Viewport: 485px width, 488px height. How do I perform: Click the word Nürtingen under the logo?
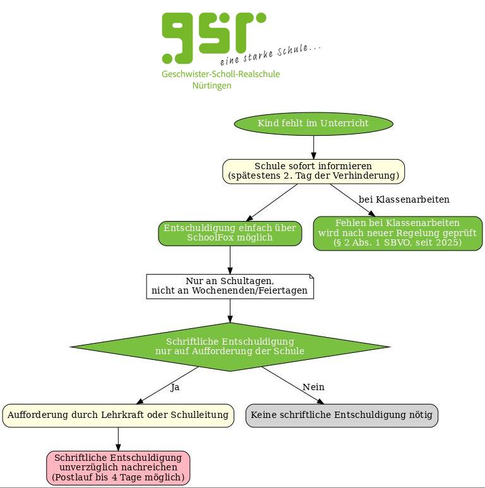click(x=212, y=86)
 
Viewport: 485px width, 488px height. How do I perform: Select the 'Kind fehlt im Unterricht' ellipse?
click(x=313, y=123)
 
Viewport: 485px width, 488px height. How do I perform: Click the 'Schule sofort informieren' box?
click(x=313, y=171)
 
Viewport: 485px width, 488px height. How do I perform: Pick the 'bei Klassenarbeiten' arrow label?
click(x=404, y=199)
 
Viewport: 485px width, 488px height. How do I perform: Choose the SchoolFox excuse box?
click(x=230, y=233)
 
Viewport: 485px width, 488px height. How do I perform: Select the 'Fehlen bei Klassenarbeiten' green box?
click(x=398, y=233)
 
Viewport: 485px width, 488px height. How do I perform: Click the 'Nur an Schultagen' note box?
click(x=230, y=286)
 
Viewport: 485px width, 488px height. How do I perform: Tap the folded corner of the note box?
click(x=311, y=277)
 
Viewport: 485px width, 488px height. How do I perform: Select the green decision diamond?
click(x=230, y=346)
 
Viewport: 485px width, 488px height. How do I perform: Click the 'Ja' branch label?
click(x=175, y=387)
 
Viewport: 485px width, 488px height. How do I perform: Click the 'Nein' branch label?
click(x=313, y=387)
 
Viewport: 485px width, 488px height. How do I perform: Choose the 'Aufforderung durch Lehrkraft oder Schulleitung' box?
click(x=118, y=415)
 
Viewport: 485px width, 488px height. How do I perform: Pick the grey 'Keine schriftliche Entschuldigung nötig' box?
click(x=342, y=415)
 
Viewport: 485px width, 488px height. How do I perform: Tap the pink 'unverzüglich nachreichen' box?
click(x=118, y=468)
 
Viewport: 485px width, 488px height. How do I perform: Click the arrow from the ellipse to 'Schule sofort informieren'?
click(x=313, y=146)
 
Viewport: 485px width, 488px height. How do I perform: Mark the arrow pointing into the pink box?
click(x=118, y=440)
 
